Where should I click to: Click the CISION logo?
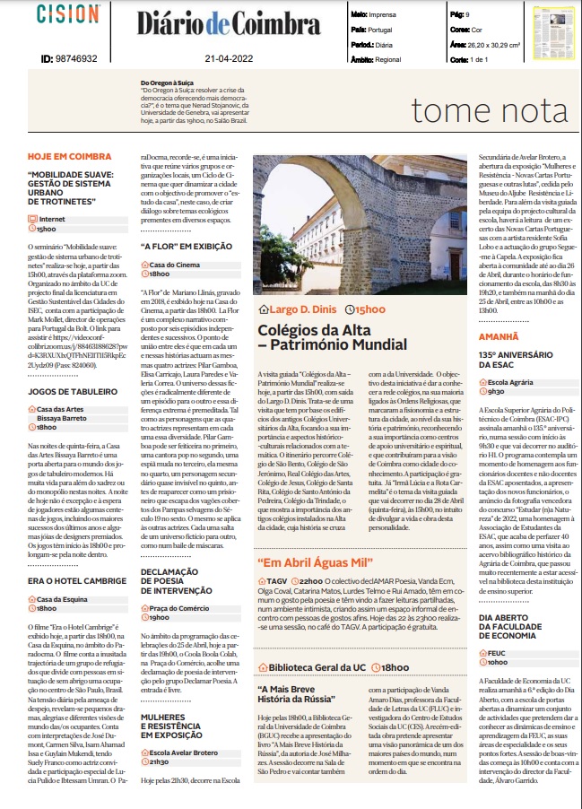[x=68, y=15]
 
